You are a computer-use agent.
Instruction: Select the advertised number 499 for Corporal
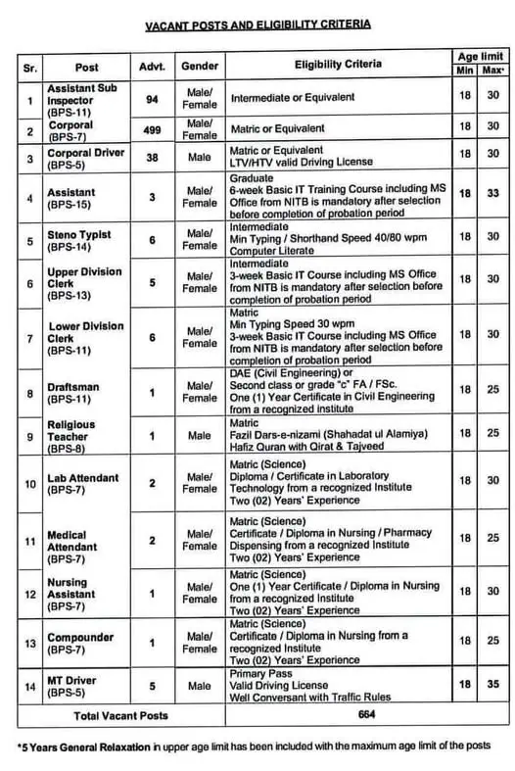pos(152,129)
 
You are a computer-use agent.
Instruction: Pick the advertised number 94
pos(152,99)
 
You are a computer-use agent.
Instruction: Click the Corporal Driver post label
pos(84,156)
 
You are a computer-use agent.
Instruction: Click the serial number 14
pos(29,688)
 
